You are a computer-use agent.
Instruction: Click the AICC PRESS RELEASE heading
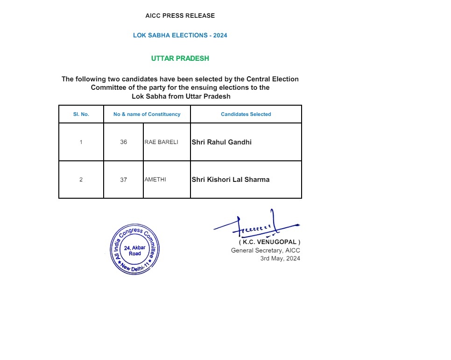pyautogui.click(x=180, y=16)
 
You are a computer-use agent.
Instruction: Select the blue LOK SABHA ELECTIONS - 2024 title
pyautogui.click(x=180, y=36)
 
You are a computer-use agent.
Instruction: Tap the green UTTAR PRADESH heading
pyautogui.click(x=180, y=58)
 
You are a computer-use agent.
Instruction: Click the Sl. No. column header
pyautogui.click(x=81, y=114)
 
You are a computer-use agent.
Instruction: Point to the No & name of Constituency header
pyautogui.click(x=147, y=114)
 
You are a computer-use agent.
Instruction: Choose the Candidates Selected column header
pyautogui.click(x=246, y=114)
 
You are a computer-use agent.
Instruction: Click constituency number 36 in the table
pyautogui.click(x=123, y=142)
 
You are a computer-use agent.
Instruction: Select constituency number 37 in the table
pyautogui.click(x=123, y=180)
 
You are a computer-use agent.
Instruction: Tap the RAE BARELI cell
pyautogui.click(x=162, y=142)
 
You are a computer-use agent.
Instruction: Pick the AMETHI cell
pyautogui.click(x=155, y=180)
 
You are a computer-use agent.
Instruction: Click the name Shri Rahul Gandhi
pyautogui.click(x=221, y=142)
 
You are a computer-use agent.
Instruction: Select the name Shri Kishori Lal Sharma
pyautogui.click(x=230, y=180)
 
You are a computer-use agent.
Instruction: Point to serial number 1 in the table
pyautogui.click(x=81, y=142)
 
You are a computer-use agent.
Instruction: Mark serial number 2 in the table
pyautogui.click(x=81, y=180)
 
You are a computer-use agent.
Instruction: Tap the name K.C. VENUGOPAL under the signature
pyautogui.click(x=270, y=242)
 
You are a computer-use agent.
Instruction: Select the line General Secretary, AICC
pyautogui.click(x=266, y=251)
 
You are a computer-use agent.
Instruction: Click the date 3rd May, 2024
pyautogui.click(x=280, y=259)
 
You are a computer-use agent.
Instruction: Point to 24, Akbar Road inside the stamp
pyautogui.click(x=135, y=250)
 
